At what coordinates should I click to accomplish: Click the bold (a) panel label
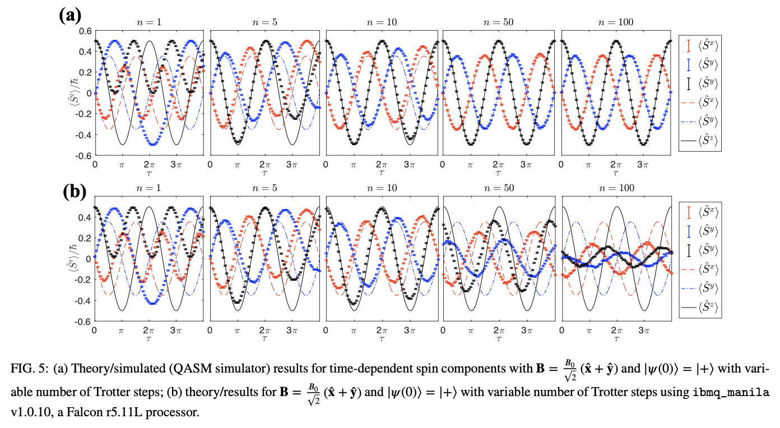[71, 13]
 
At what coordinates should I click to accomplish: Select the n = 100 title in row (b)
[616, 188]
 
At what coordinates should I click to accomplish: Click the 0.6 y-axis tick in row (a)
[85, 31]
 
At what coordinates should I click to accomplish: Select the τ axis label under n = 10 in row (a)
[381, 174]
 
